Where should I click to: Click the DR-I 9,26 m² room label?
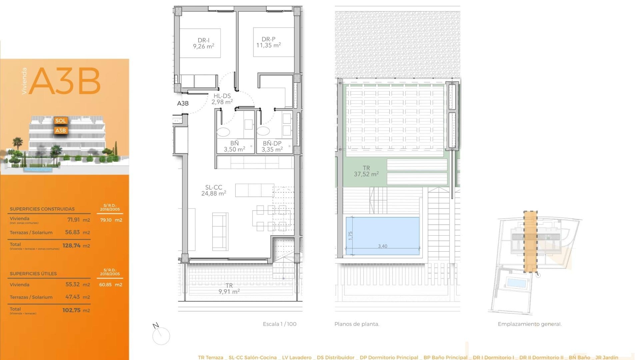(203, 43)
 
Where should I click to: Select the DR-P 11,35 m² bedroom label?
(268, 42)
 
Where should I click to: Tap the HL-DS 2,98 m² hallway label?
(222, 99)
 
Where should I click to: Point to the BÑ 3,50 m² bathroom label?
(234, 146)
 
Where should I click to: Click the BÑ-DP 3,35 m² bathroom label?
(272, 146)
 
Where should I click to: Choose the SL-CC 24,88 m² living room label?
(214, 190)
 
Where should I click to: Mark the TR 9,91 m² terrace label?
(229, 288)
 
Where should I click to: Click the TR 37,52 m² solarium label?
(366, 171)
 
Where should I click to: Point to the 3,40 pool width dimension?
(382, 246)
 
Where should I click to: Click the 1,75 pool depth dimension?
(350, 236)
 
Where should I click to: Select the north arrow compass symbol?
(161, 334)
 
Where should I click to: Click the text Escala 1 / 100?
(279, 324)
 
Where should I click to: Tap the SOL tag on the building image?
(61, 121)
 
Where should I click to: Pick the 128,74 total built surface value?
(71, 246)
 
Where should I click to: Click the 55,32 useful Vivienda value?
(72, 285)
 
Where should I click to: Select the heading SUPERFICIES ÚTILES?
(33, 274)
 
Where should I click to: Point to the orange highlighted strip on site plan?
(530, 242)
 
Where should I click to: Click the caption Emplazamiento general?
(529, 324)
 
